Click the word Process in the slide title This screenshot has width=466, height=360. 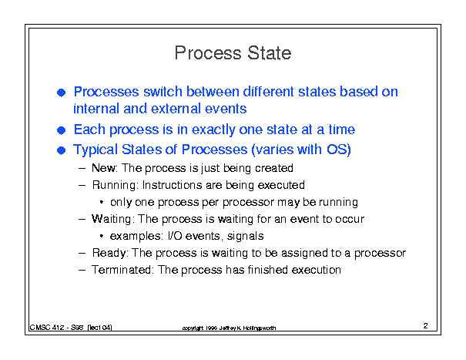(208, 53)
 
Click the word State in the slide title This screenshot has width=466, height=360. (270, 53)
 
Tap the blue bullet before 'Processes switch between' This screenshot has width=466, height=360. (61, 93)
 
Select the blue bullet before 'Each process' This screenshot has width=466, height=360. (61, 130)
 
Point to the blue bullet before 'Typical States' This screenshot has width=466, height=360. (61, 150)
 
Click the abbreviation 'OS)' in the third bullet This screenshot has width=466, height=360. (339, 150)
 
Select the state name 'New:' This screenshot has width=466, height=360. (105, 168)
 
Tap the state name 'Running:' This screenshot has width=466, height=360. (116, 185)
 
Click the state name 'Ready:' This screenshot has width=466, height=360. (110, 253)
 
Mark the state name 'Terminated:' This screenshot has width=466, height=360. (122, 270)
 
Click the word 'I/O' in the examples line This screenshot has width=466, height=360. (175, 236)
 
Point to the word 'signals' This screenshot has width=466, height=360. (245, 236)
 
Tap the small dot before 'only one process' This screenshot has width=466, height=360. (102, 202)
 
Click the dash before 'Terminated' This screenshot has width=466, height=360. (82, 270)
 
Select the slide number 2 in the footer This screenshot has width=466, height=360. (426, 326)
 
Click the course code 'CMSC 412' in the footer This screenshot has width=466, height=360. (47, 328)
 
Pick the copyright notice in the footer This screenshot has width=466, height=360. (229, 328)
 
